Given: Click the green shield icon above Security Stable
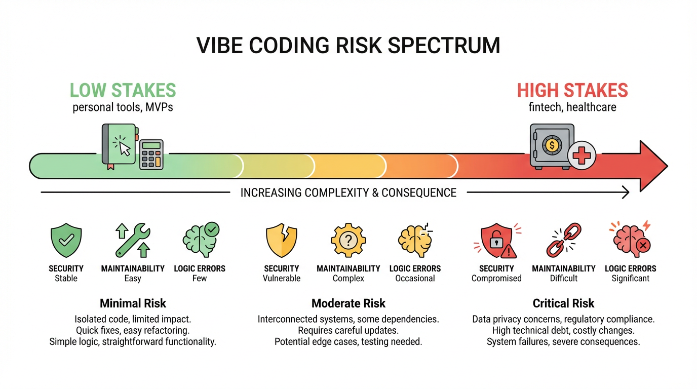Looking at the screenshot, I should click(66, 241).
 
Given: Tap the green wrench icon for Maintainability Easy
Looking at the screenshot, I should click(133, 241).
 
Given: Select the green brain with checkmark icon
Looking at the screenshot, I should click(199, 240).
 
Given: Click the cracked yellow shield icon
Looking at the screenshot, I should click(281, 241).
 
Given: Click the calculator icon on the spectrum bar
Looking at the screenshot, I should click(151, 154).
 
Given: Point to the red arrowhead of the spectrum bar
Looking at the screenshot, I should click(653, 166).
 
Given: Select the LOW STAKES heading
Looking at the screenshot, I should click(123, 90).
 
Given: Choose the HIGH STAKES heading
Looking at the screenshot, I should click(572, 91).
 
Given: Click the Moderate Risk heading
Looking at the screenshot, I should click(348, 303).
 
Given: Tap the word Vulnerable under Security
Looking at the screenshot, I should click(281, 278).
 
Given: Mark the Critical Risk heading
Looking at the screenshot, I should click(563, 303).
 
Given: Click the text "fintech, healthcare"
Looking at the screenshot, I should click(572, 107).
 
